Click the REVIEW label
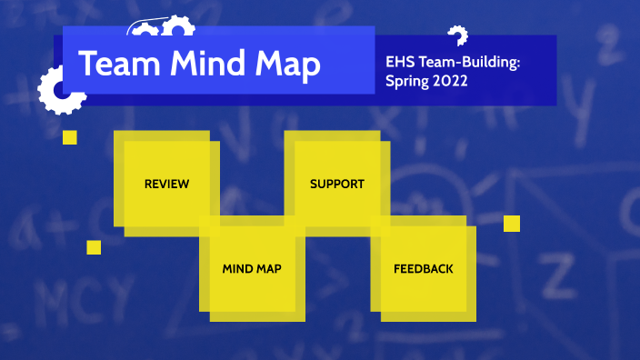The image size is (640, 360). tap(167, 185)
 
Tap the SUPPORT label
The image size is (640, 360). tap(336, 185)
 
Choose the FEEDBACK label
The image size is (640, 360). tap(423, 269)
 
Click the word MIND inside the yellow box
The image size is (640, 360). tap(236, 269)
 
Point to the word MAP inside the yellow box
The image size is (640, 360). tap(269, 269)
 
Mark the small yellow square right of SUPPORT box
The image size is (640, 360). tap(512, 224)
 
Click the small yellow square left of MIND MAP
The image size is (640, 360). tap(94, 247)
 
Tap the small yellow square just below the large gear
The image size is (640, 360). tap(70, 137)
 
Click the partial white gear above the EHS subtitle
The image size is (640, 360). tap(458, 35)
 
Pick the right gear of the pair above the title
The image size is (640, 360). tap(173, 31)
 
